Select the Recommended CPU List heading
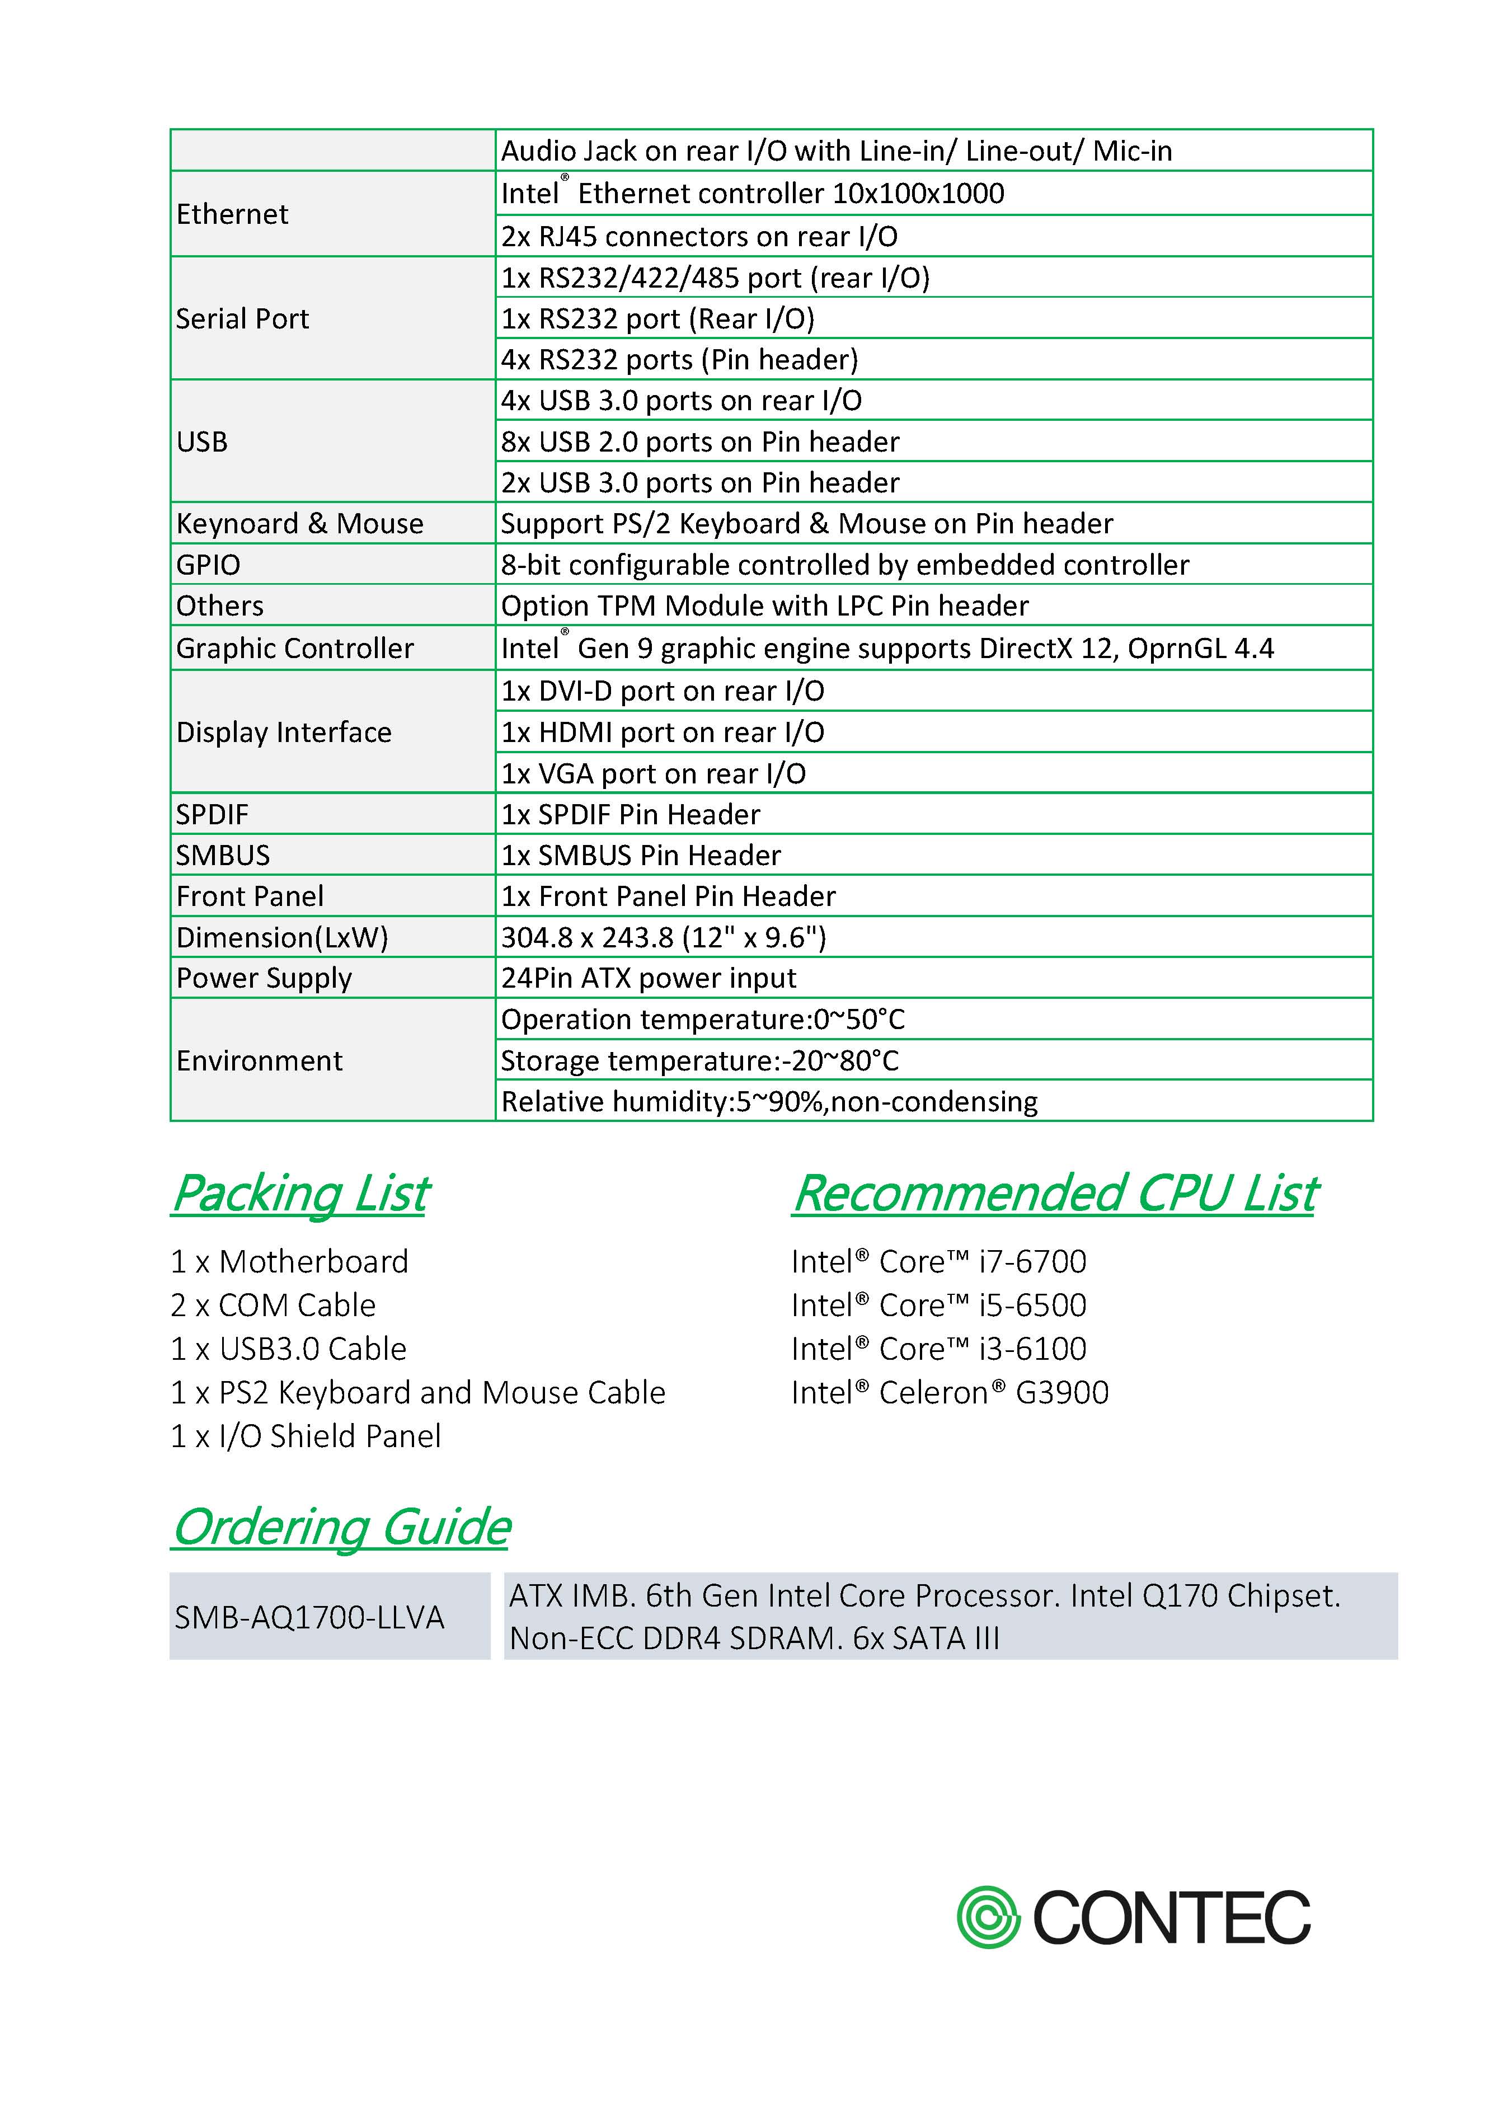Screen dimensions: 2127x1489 click(x=1054, y=1192)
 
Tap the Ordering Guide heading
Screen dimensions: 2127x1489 click(x=341, y=1526)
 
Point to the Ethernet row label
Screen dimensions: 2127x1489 click(x=233, y=214)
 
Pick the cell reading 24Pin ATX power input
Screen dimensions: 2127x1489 click(x=649, y=978)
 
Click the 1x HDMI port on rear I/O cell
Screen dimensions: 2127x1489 click(x=663, y=733)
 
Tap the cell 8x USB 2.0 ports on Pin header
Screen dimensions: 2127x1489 click(x=699, y=442)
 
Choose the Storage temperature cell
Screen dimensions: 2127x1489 click(x=699, y=1061)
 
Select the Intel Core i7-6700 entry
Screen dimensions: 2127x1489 click(x=938, y=1262)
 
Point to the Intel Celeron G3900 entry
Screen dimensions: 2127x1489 click(x=950, y=1392)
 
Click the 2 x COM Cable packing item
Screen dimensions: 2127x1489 click(x=273, y=1306)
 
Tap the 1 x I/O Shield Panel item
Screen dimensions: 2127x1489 click(x=306, y=1436)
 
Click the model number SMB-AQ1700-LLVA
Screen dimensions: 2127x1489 click(x=309, y=1617)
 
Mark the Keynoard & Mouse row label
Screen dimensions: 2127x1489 click(x=299, y=523)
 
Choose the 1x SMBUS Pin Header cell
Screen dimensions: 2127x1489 click(x=641, y=855)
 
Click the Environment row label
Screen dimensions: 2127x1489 click(x=260, y=1061)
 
